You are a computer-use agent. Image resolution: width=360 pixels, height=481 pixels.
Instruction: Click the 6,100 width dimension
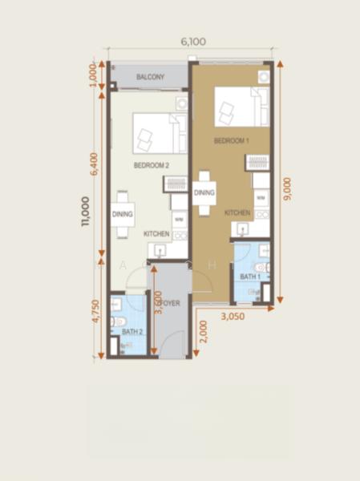point(192,42)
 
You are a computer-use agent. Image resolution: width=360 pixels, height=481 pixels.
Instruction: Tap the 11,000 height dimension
point(85,212)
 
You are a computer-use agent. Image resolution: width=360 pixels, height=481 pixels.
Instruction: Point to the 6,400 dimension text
point(95,164)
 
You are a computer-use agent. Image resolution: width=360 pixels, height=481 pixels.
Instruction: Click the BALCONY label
point(150,77)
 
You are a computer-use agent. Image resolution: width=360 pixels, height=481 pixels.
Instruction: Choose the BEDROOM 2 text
point(151,165)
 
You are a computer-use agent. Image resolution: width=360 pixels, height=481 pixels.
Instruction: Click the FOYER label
point(169,304)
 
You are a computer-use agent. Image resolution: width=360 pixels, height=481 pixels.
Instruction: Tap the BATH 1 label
point(250,277)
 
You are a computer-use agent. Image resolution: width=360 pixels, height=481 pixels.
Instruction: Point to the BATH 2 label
point(132,331)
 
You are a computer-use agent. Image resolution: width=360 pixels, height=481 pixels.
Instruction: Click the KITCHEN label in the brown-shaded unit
point(237,213)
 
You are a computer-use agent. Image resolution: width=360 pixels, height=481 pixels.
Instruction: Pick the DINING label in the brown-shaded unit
point(204,192)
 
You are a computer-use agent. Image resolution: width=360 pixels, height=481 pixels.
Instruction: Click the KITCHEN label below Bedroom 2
point(156,233)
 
